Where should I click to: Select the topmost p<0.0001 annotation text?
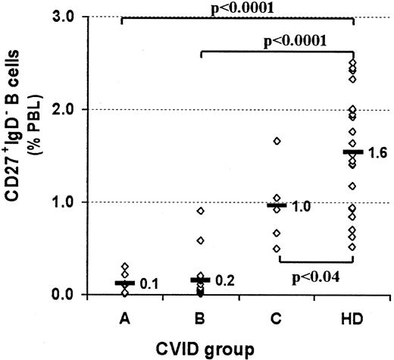[x=240, y=7]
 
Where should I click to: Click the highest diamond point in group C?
[x=277, y=141]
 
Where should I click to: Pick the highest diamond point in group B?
[x=201, y=211]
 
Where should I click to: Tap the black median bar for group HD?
[x=353, y=152]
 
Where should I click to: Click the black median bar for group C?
[x=277, y=205]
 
